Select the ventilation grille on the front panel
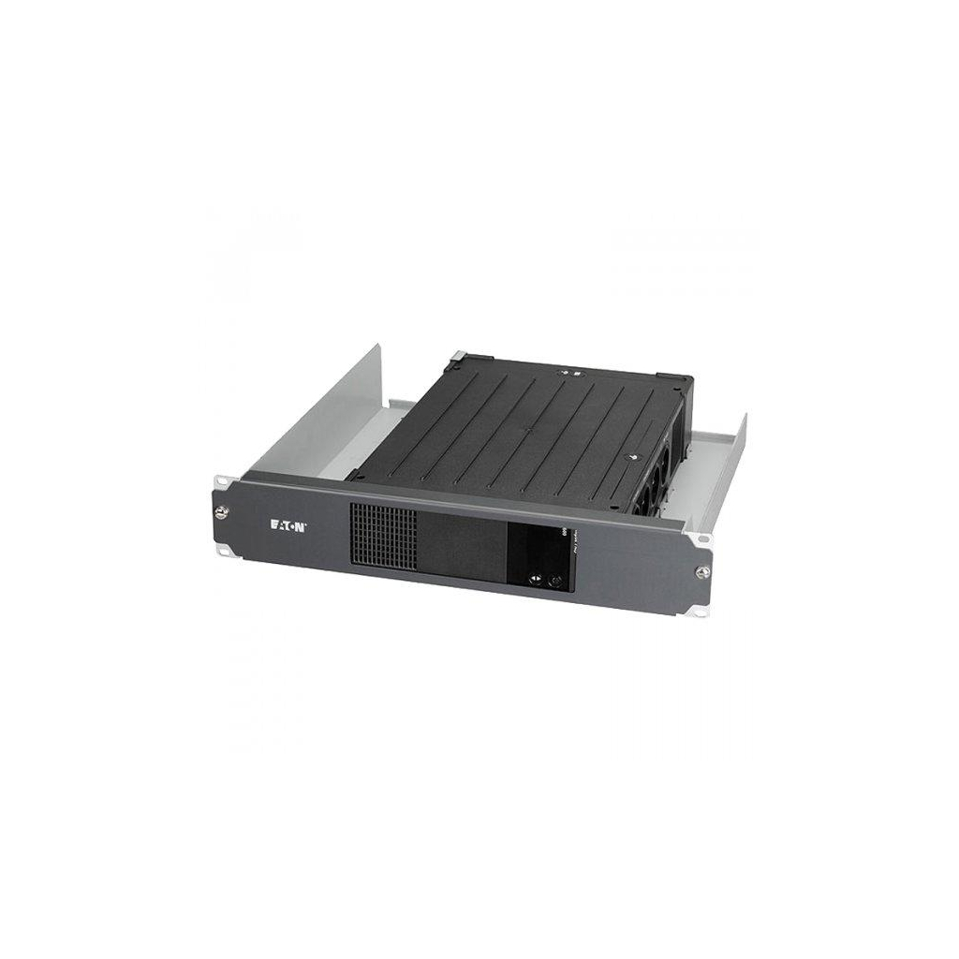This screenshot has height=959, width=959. [x=383, y=534]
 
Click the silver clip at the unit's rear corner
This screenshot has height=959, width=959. [x=458, y=357]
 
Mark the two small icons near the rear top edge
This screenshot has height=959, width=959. [x=572, y=371]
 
